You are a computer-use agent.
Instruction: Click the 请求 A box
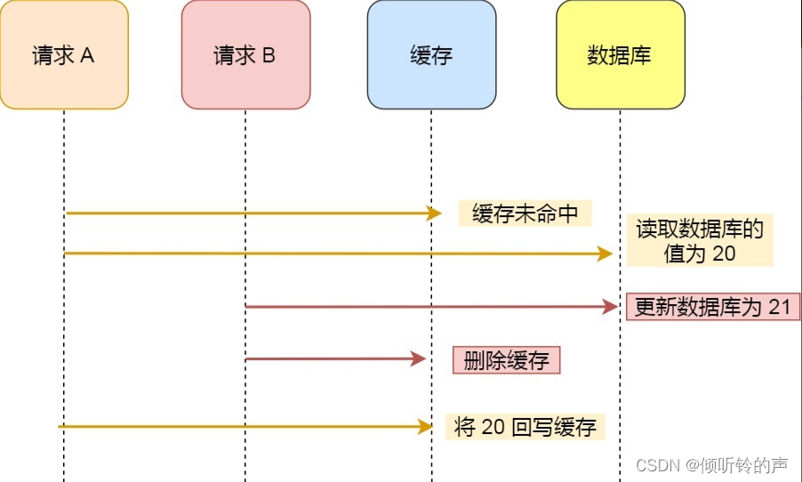pyautogui.click(x=64, y=55)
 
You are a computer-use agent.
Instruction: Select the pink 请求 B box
pyautogui.click(x=245, y=55)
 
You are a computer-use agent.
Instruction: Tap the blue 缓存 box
pyautogui.click(x=431, y=55)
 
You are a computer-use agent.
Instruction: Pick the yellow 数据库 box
pyautogui.click(x=620, y=55)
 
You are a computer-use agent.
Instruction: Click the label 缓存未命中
pyautogui.click(x=525, y=213)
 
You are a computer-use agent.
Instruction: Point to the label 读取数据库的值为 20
pyautogui.click(x=700, y=241)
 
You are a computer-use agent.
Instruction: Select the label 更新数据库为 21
pyautogui.click(x=713, y=308)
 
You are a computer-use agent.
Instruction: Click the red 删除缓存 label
pyautogui.click(x=507, y=360)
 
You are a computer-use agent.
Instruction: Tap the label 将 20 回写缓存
pyautogui.click(x=525, y=427)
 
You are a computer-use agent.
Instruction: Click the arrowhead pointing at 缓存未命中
pyautogui.click(x=434, y=213)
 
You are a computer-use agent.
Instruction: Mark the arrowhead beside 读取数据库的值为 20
pyautogui.click(x=606, y=254)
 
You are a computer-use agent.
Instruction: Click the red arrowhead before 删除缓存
pyautogui.click(x=419, y=359)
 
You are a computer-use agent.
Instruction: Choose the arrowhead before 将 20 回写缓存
pyautogui.click(x=425, y=427)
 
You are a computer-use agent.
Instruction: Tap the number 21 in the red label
pyautogui.click(x=780, y=308)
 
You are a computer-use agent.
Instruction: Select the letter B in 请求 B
pyautogui.click(x=269, y=56)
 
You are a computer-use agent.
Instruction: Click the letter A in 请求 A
pyautogui.click(x=87, y=56)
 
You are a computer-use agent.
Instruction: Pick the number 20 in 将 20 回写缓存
pyautogui.click(x=493, y=427)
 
